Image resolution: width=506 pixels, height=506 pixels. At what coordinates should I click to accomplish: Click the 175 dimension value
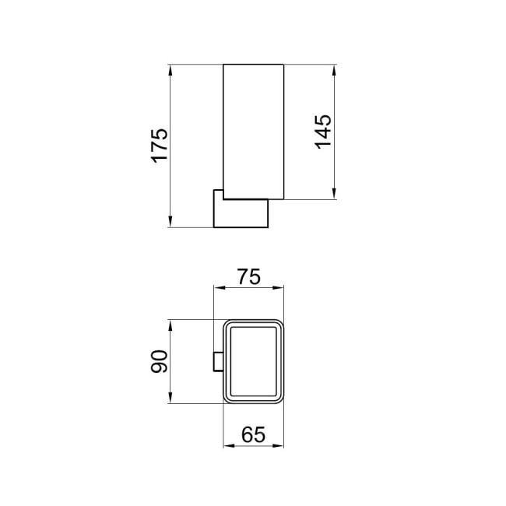click(x=159, y=146)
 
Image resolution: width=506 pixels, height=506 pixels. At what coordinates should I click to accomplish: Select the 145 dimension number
click(x=323, y=130)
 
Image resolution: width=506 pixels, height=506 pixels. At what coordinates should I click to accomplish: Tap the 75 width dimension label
click(x=248, y=276)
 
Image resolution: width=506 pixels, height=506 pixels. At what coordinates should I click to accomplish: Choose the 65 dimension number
click(x=254, y=435)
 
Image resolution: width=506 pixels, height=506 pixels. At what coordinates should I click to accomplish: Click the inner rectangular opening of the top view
click(x=255, y=362)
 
